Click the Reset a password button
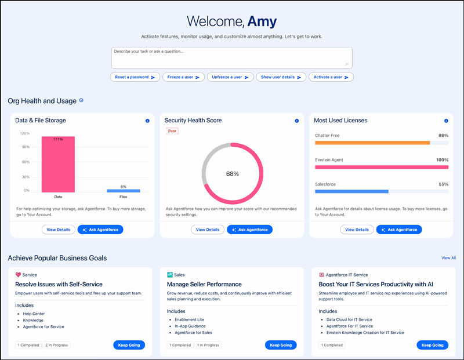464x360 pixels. (135, 77)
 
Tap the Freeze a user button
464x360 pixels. (184, 77)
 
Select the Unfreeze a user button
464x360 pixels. (230, 77)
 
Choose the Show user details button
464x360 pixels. (281, 77)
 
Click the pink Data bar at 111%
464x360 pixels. (58, 165)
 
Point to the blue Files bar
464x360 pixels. (123, 191)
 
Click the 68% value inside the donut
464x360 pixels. (232, 173)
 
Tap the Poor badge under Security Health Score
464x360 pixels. (172, 131)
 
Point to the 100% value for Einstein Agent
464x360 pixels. (443, 159)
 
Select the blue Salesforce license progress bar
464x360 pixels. (351, 191)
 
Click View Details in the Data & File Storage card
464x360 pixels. (58, 230)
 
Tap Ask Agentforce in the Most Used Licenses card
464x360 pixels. (399, 230)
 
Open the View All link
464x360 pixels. (448, 258)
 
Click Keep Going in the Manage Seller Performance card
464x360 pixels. (281, 345)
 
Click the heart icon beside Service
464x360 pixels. (18, 275)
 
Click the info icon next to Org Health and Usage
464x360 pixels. (81, 100)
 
